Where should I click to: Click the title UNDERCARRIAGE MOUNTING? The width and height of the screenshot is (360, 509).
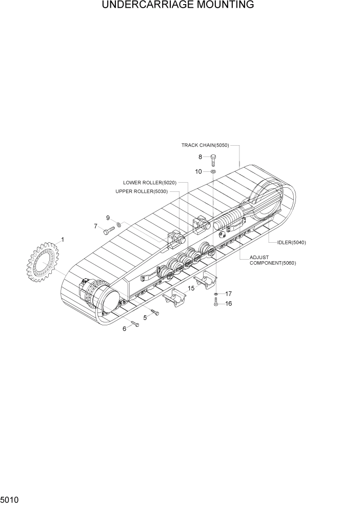tap(178, 6)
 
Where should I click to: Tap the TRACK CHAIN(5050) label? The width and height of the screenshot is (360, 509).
tap(205, 145)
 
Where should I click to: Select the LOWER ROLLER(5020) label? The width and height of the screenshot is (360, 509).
tap(149, 183)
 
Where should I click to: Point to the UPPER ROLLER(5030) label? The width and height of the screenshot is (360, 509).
tap(142, 191)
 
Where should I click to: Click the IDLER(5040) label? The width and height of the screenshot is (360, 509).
tap(291, 242)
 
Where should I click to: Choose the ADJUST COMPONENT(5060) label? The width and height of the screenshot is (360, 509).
tap(272, 260)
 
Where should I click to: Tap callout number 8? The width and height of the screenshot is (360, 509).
tap(201, 157)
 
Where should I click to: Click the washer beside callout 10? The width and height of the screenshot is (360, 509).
tap(213, 171)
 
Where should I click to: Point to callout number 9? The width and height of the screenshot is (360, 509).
tap(108, 218)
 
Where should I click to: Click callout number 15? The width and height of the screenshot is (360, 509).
tap(191, 288)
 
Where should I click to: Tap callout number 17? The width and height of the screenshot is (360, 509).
tap(228, 294)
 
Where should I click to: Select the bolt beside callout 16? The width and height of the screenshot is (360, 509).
tap(216, 304)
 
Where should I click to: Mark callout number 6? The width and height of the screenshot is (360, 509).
tap(124, 329)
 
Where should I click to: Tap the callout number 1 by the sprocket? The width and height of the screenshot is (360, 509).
tap(63, 240)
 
